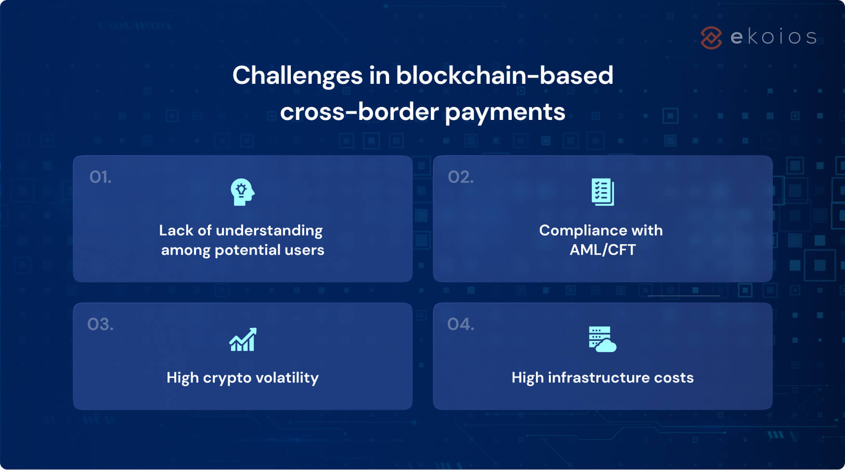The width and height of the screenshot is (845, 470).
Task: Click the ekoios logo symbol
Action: pos(711,38)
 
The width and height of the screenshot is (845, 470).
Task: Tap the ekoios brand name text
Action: pos(774,37)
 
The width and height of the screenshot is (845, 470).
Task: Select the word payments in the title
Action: pos(505,113)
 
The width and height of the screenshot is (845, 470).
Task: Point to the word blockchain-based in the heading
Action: pos(504,76)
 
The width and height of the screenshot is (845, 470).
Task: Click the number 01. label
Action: pos(100,177)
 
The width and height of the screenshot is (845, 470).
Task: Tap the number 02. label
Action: pos(460,177)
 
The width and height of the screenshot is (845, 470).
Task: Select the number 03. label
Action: pos(100,325)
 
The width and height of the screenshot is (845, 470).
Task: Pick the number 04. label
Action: pos(460,325)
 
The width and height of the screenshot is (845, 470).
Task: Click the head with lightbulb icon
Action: pos(242,192)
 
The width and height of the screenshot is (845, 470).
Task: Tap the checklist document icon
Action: pos(602,192)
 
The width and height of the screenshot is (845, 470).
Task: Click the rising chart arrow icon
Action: pos(243,339)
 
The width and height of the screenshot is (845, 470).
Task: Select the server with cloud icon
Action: pos(602,339)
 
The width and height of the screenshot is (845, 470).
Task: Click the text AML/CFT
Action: pos(602,250)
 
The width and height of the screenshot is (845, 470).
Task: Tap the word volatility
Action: pos(287,378)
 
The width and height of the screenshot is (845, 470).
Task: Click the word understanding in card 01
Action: pos(269,231)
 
